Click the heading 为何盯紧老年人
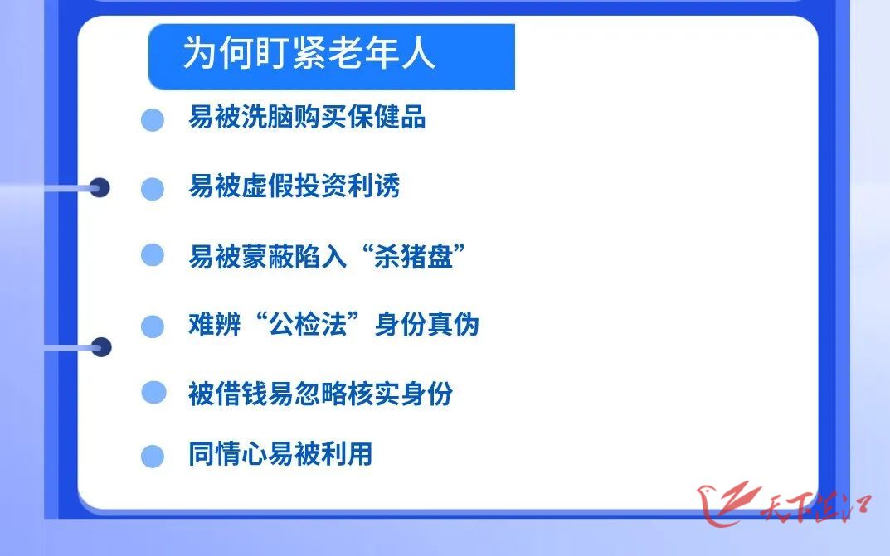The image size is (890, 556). click(x=309, y=53)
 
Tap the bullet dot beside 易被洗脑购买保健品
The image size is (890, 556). click(x=153, y=119)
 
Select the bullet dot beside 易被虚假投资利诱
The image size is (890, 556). click(x=153, y=189)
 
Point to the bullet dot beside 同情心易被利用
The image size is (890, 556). click(x=153, y=457)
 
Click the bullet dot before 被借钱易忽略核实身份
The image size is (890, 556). click(x=153, y=392)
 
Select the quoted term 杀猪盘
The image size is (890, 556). click(x=413, y=257)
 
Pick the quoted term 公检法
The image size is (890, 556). click(x=307, y=325)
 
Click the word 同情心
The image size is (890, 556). click(x=227, y=454)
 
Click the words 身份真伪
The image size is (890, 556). click(x=427, y=325)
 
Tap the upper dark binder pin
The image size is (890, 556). click(x=100, y=187)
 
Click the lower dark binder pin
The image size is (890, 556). click(x=101, y=347)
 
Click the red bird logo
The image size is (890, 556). click(x=727, y=504)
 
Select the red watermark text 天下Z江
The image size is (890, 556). click(x=815, y=507)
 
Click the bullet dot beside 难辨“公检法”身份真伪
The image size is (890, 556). click(x=153, y=326)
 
